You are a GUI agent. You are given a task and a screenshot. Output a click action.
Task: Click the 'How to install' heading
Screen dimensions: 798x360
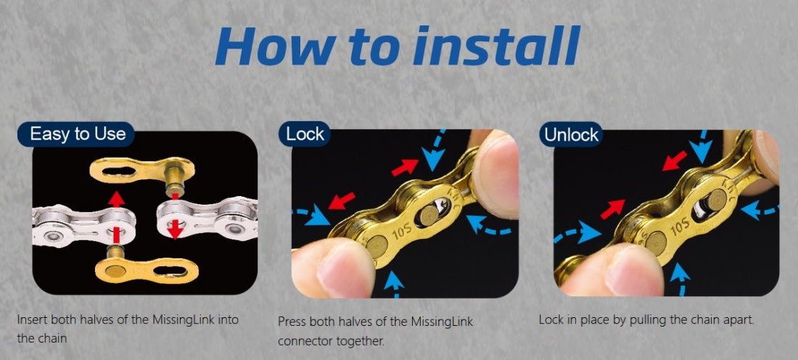[x=398, y=47]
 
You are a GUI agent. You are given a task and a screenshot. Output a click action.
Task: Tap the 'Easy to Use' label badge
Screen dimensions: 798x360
[x=76, y=134]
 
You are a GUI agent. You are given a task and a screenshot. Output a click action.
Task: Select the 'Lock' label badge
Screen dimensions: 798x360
[x=305, y=134]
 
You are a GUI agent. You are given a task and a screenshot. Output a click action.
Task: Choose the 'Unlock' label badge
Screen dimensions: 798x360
[x=570, y=135]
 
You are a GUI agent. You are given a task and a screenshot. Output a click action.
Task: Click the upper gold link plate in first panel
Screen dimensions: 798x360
[x=142, y=171]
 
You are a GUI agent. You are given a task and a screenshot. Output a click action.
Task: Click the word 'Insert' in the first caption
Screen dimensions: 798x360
[x=30, y=320]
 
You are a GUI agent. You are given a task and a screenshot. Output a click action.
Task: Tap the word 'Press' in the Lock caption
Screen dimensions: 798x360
[x=291, y=322]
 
